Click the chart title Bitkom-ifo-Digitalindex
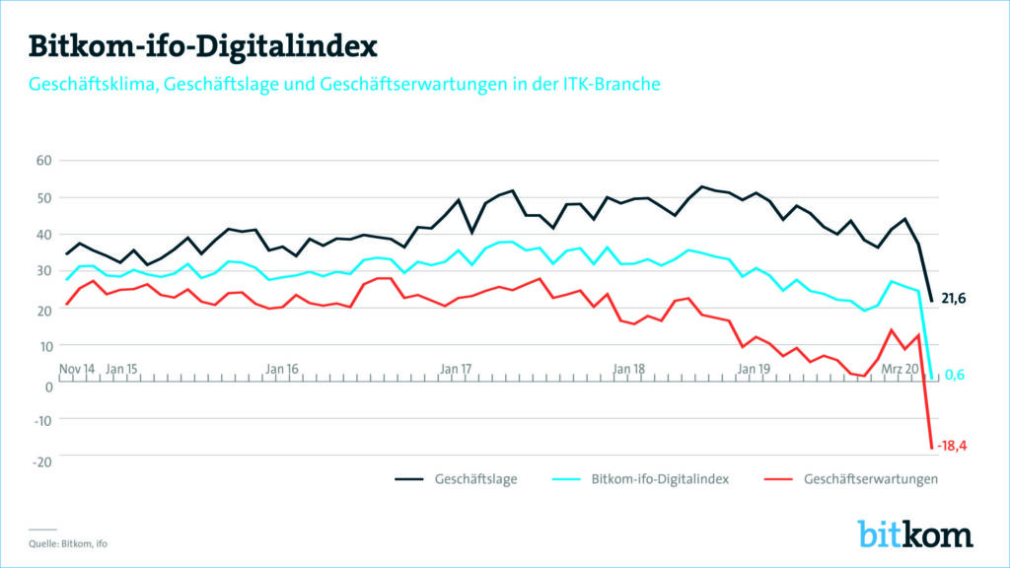click(x=202, y=45)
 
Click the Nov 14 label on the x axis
click(x=77, y=369)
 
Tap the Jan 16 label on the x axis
click(x=282, y=369)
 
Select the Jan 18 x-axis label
click(x=628, y=369)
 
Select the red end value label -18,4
click(x=952, y=447)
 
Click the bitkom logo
click(x=915, y=533)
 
